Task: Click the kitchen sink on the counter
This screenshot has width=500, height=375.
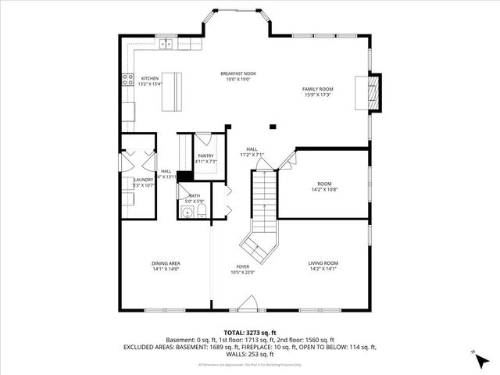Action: click(x=166, y=44)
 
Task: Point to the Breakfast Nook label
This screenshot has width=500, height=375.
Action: click(x=238, y=74)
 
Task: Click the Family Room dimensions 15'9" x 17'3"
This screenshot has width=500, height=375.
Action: click(x=317, y=95)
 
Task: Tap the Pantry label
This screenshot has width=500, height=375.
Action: click(x=205, y=156)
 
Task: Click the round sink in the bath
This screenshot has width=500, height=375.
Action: click(x=187, y=209)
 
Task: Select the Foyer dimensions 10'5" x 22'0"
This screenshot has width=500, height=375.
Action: click(x=243, y=273)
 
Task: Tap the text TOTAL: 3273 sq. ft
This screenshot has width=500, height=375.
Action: click(x=249, y=333)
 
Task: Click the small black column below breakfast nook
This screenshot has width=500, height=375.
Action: click(x=273, y=127)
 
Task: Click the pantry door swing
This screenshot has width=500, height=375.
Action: click(x=202, y=141)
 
